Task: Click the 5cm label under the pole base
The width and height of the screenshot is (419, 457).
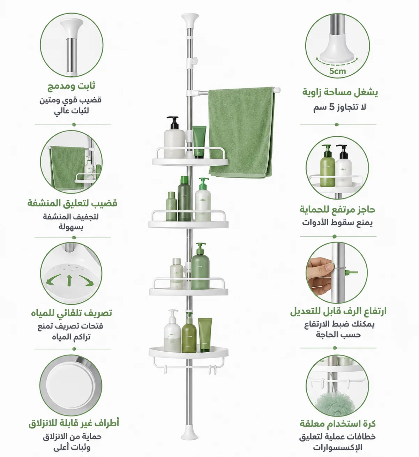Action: point(337,71)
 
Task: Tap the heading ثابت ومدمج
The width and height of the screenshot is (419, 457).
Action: point(71,86)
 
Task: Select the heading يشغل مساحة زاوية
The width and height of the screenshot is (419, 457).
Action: point(340,92)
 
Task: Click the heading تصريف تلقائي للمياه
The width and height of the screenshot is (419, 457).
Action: point(72,313)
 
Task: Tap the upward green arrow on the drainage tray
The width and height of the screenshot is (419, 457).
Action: point(69,280)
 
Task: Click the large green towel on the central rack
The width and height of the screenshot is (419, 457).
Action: point(241,132)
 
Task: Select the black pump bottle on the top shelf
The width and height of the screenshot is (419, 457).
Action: point(174,137)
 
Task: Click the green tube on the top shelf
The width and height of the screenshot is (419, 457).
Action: point(199,142)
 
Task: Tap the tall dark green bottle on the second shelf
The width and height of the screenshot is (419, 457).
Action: point(184,198)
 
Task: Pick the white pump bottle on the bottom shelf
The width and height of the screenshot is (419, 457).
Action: point(172,330)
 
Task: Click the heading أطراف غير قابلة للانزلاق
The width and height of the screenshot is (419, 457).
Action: point(74,423)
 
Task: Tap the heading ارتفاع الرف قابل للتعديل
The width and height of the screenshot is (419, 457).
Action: point(338,311)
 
